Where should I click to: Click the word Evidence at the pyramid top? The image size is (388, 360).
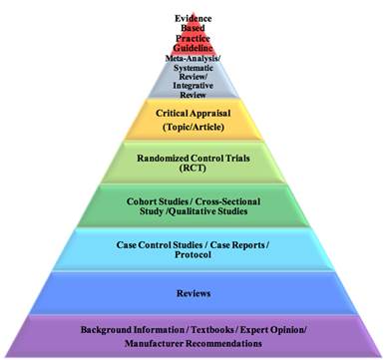[194, 19]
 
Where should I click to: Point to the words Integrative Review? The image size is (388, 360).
[194, 87]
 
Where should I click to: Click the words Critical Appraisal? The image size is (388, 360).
[193, 115]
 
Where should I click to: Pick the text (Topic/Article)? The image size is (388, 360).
[193, 129]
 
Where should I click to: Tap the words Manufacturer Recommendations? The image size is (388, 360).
[193, 344]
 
